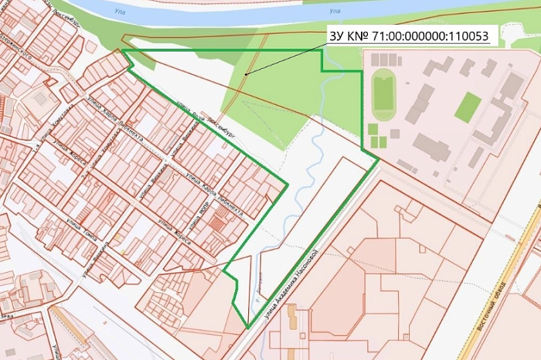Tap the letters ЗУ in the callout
point(337,37)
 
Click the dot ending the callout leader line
point(246,74)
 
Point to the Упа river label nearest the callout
point(334,12)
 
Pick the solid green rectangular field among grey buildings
point(467,107)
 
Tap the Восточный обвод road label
point(492,306)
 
